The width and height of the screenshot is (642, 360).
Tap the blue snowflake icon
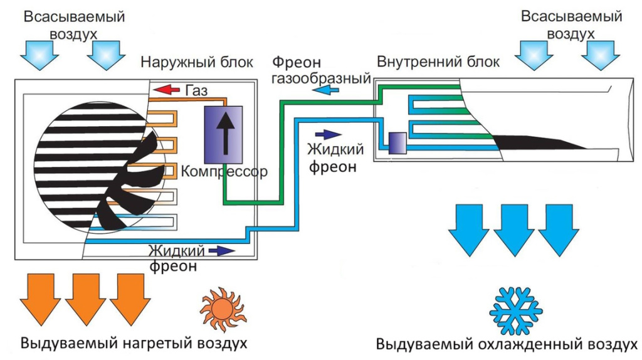(x=515, y=310)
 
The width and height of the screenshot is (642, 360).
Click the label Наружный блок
(x=197, y=62)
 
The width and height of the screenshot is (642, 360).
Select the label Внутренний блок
(x=438, y=62)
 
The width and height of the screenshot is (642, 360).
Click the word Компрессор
(x=224, y=171)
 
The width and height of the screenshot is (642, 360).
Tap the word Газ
(x=196, y=91)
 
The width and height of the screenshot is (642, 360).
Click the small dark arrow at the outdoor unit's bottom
(x=222, y=251)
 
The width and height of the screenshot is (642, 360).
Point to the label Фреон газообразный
(x=319, y=70)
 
